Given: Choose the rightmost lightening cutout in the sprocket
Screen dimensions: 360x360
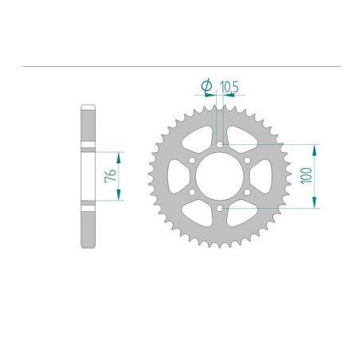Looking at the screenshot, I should pos(264,176).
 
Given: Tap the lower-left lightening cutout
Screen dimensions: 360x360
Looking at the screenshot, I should pos(196,216).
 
